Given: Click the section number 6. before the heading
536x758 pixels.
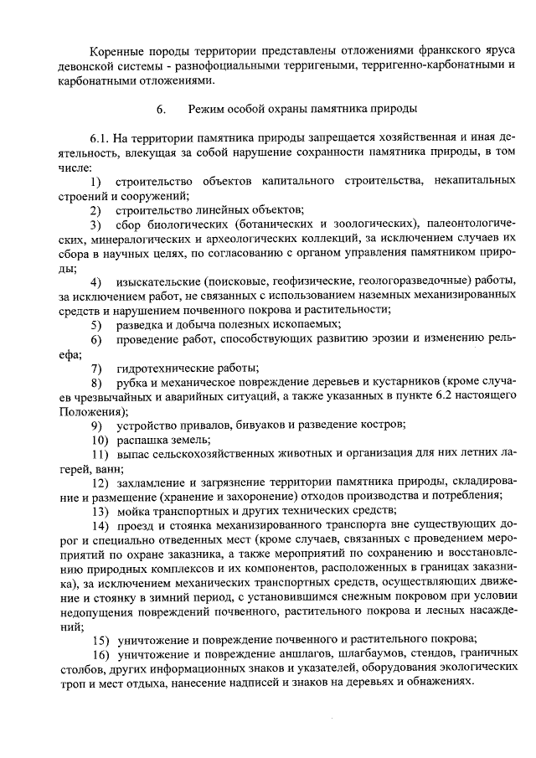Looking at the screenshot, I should pos(161,110).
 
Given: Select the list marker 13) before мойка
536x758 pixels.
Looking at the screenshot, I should pos(100,512).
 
